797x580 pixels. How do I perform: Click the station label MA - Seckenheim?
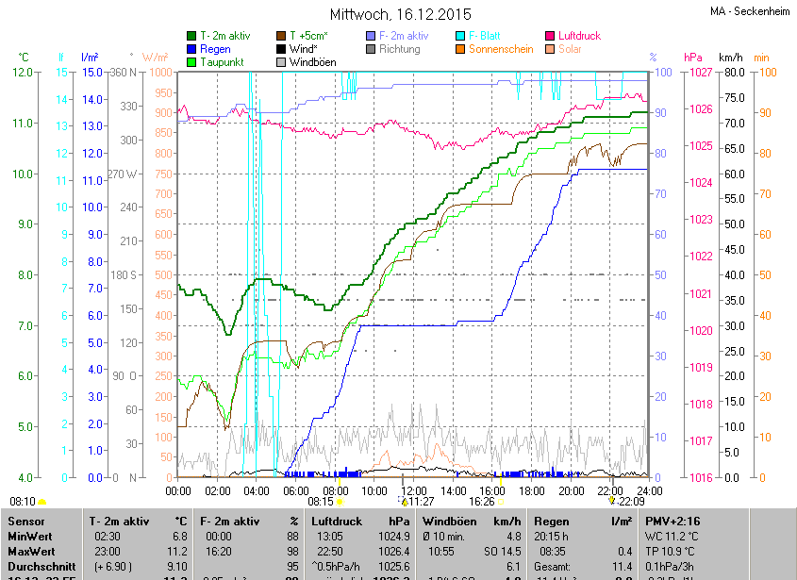pos(752,11)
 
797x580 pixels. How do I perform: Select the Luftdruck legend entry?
pos(579,36)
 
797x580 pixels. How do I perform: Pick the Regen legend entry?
pos(215,49)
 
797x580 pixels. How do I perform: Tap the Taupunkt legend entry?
pos(223,62)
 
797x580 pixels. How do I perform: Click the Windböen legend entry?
pos(313,62)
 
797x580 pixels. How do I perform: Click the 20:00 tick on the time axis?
pos(572,490)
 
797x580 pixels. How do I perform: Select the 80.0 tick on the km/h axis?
pos(733,72)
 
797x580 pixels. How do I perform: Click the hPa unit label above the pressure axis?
pos(693,57)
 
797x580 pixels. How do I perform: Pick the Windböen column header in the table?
pos(455,521)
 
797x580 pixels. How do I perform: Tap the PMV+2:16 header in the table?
pos(672,521)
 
